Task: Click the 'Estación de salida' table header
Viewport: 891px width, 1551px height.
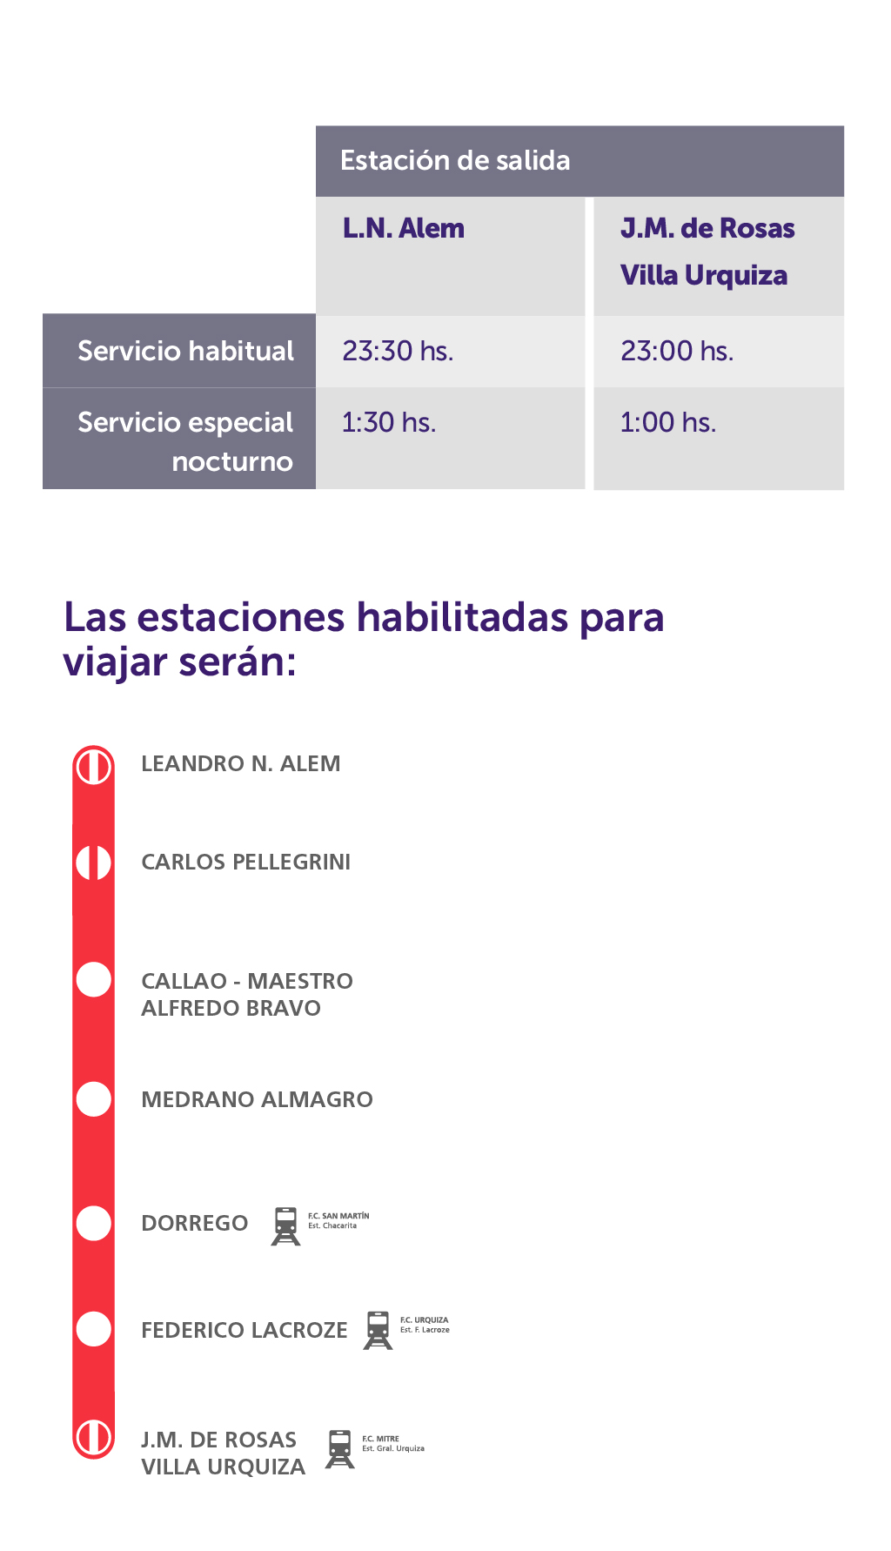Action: point(455,161)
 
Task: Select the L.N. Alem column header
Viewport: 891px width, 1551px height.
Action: point(404,229)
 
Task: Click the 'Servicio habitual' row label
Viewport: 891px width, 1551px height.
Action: point(185,351)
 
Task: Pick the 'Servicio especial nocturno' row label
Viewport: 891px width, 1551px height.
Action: point(185,441)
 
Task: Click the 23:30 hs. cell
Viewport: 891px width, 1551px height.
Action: point(398,351)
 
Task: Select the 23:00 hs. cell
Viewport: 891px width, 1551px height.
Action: point(677,351)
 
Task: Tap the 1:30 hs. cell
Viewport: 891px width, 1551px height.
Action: point(389,422)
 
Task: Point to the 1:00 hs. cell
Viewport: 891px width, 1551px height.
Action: point(668,422)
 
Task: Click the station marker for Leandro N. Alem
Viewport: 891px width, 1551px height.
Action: point(93,767)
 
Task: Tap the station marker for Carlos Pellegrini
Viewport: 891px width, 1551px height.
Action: point(93,863)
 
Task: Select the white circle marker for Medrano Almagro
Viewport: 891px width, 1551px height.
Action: point(93,1099)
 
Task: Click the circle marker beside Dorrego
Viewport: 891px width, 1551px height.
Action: point(93,1223)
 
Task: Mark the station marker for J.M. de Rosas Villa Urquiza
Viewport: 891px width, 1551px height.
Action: point(93,1437)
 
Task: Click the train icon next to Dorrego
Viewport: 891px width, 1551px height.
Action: point(285,1225)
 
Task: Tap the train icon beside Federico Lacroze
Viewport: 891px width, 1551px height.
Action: point(378,1330)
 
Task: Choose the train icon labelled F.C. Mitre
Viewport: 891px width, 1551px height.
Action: point(340,1449)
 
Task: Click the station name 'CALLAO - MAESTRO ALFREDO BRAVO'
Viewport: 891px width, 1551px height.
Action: point(247,994)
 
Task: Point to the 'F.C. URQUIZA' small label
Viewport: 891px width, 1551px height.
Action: point(425,1319)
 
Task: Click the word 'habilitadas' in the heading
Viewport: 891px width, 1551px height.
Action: point(462,618)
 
